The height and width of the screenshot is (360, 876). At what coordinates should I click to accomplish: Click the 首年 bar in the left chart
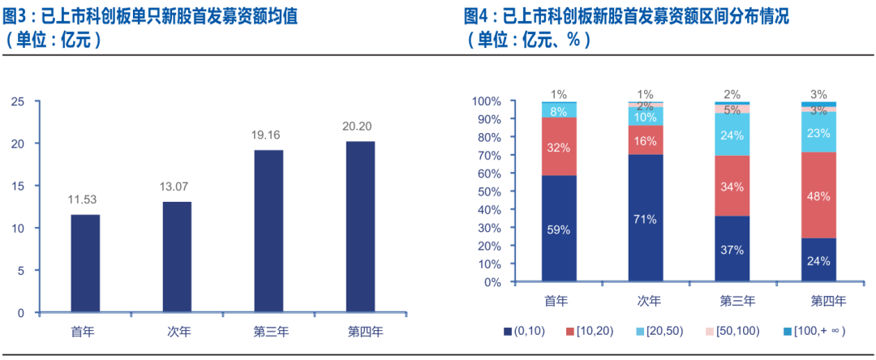[x=85, y=264]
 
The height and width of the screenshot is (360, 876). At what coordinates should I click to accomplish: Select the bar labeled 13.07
[x=177, y=257]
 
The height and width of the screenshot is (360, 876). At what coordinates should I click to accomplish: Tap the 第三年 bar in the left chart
[x=268, y=231]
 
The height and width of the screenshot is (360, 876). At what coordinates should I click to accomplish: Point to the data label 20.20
[x=360, y=126]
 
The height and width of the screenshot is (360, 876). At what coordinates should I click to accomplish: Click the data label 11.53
[x=85, y=199]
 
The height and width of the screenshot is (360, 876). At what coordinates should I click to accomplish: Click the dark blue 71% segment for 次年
[x=645, y=218]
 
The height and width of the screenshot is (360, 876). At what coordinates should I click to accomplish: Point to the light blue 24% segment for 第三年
[x=732, y=135]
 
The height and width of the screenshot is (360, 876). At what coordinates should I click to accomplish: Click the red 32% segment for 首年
[x=559, y=147]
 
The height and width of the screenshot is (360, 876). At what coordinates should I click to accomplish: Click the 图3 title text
[x=19, y=15]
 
